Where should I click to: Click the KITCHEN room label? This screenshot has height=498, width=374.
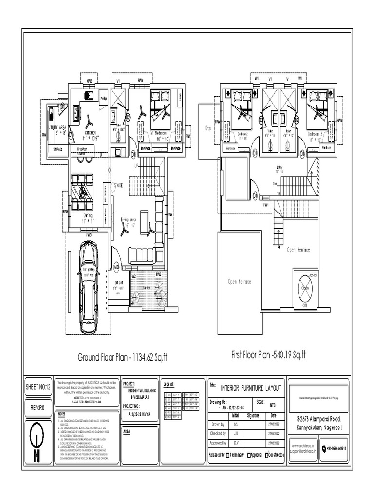click(x=90, y=132)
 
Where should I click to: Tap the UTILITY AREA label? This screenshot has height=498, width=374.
click(x=56, y=129)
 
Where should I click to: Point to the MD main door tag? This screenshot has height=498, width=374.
click(x=117, y=267)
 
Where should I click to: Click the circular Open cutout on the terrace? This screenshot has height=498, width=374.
click(x=305, y=288)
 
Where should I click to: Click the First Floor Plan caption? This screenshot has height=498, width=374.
click(x=268, y=356)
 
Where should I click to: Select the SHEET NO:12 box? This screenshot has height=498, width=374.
click(x=38, y=387)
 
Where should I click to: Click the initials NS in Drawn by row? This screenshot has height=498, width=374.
click(x=236, y=424)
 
